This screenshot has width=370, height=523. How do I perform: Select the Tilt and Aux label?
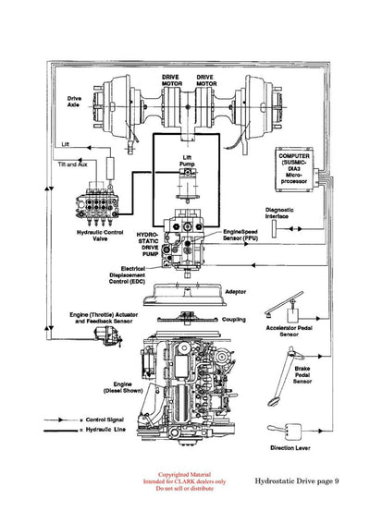(75, 164)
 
